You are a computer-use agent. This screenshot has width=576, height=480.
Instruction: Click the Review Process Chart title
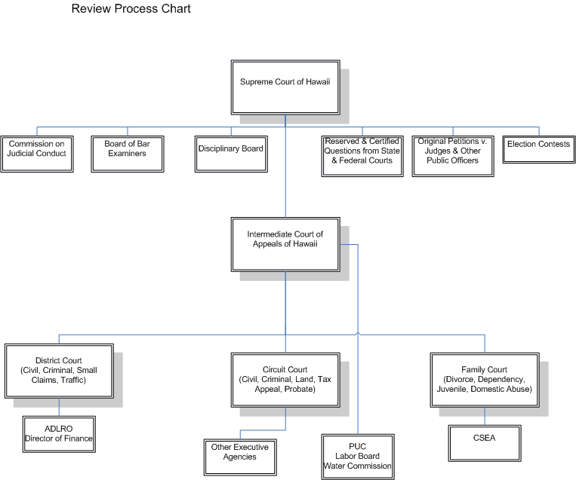131,10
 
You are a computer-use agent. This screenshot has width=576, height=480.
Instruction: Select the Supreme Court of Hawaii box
285,81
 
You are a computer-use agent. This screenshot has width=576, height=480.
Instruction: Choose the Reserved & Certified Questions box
362,154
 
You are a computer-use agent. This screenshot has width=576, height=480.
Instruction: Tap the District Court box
59,370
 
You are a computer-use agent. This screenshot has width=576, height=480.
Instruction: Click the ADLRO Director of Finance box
58,434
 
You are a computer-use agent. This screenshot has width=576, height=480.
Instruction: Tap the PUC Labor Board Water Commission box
357,456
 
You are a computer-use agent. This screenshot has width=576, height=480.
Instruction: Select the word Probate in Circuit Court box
300,390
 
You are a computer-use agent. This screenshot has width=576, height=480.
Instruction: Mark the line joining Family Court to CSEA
484,414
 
